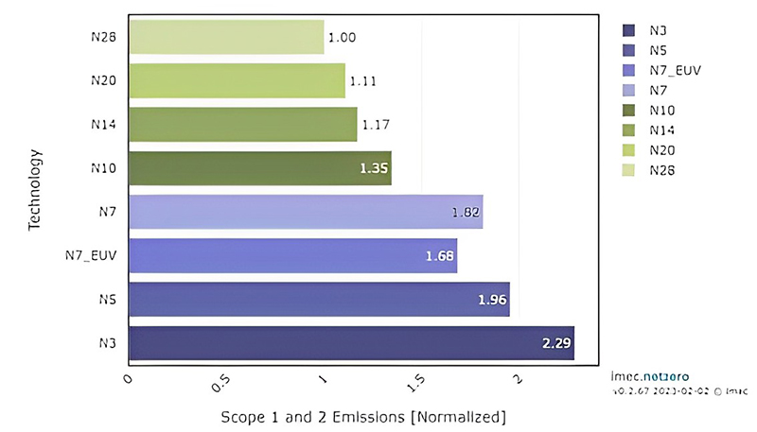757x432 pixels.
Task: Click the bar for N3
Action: (x=350, y=343)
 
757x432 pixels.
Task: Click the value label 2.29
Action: (x=555, y=343)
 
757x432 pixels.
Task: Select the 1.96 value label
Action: (x=493, y=300)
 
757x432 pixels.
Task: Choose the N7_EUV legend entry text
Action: (x=676, y=70)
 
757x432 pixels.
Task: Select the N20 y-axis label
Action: (x=103, y=81)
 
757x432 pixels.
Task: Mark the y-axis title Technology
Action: (x=34, y=189)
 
